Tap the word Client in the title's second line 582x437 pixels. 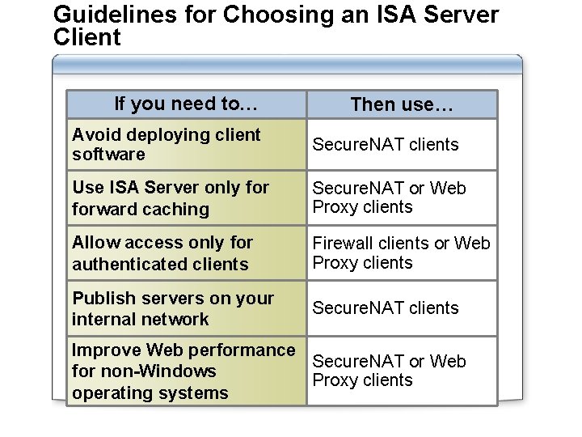point(86,37)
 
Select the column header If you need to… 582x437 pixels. point(186,104)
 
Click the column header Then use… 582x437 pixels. point(402,104)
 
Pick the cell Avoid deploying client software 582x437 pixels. point(186,144)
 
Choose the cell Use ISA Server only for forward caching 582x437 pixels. point(186,198)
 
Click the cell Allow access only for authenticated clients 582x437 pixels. point(186,253)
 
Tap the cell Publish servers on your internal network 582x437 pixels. point(186,308)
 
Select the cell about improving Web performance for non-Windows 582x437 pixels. point(186,371)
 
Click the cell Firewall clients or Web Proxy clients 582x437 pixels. point(401,253)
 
